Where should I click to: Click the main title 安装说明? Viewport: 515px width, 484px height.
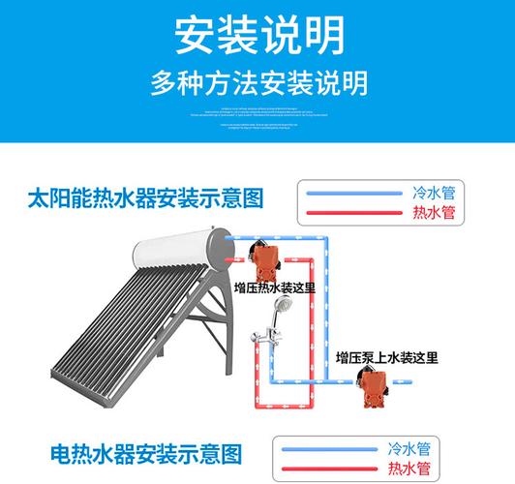pos(257,37)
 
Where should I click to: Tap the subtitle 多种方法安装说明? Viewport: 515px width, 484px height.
pos(257,83)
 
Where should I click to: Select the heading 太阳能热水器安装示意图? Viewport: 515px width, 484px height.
pos(145,200)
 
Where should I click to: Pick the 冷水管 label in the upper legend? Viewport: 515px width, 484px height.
pos(433,193)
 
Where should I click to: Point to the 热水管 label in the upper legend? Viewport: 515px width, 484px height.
pos(433,213)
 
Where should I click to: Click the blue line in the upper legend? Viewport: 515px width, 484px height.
pos(354,193)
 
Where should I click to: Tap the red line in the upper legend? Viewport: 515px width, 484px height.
pos(354,213)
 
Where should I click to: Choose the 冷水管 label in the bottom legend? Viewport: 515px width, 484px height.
pos(408,449)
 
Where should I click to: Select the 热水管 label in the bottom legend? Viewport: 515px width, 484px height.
pos(408,469)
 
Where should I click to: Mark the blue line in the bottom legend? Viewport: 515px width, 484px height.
pos(329,449)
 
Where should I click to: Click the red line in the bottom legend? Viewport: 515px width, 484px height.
pos(329,469)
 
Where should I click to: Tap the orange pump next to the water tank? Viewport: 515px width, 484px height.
pos(264,257)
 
